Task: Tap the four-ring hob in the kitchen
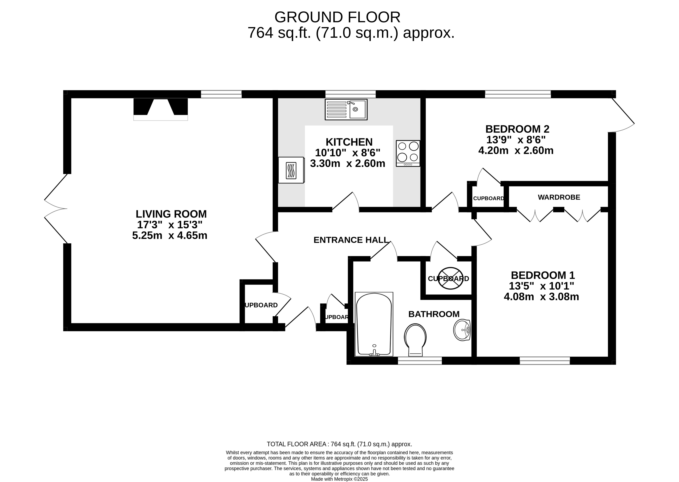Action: click(408, 153)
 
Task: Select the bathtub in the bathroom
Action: click(374, 324)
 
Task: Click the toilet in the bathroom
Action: click(415, 340)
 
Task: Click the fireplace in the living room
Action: click(161, 109)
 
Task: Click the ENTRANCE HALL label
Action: click(351, 240)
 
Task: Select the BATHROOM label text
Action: click(434, 314)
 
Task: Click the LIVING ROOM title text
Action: click(171, 214)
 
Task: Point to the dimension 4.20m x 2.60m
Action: click(516, 151)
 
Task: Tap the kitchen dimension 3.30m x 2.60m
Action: click(348, 163)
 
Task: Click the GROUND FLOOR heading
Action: click(337, 17)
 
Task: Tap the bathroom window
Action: click(420, 361)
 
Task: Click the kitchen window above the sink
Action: click(351, 94)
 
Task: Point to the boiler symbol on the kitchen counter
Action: click(291, 170)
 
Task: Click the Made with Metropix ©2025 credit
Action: click(339, 479)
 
